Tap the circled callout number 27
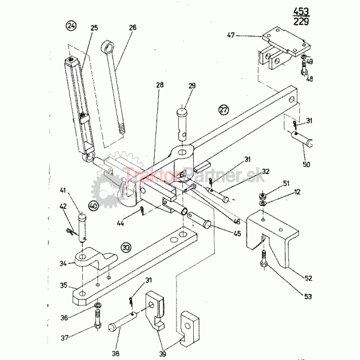(x=223, y=110)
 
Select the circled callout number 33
(x=126, y=246)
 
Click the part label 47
(x=231, y=36)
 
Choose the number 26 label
(x=133, y=28)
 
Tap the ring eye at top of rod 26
(x=109, y=46)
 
